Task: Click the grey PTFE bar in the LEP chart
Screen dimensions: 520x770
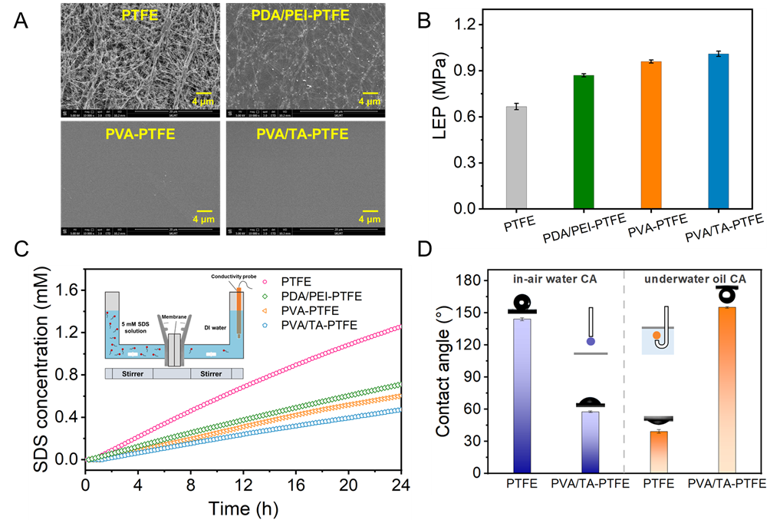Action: click(520, 157)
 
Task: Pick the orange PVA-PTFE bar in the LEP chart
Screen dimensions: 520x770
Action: click(650, 135)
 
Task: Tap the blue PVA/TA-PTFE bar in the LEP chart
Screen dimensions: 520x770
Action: click(718, 131)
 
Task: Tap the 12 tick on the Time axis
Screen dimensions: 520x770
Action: click(243, 485)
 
